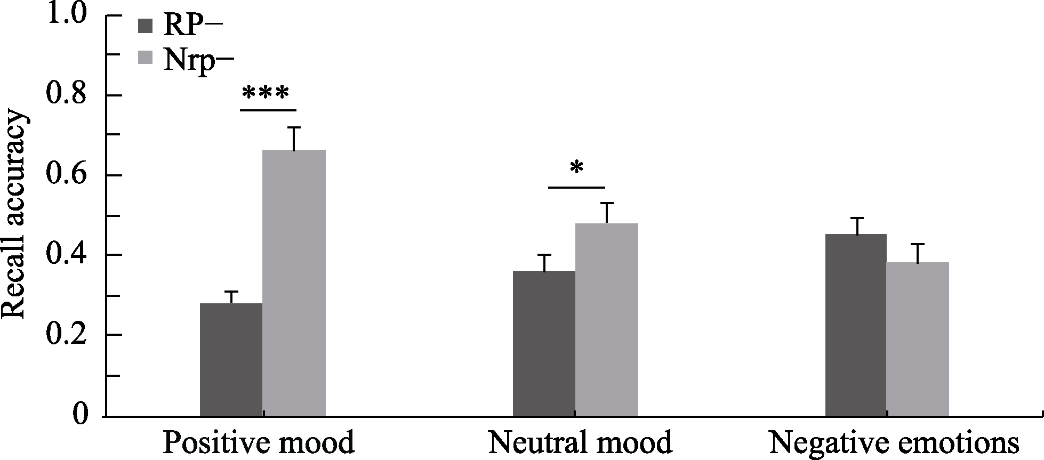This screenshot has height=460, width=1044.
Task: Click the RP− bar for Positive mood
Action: tap(231, 359)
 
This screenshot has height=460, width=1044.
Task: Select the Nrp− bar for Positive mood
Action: tap(294, 283)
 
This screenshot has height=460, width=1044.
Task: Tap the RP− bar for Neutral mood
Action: tap(544, 343)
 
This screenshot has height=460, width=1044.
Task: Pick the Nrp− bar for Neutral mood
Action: tap(607, 319)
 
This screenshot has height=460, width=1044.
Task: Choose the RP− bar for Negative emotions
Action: tap(856, 325)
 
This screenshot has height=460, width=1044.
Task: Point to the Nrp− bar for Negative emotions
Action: tap(918, 339)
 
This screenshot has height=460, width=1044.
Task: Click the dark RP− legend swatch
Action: tap(146, 26)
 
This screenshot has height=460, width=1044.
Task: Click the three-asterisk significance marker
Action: tap(266, 94)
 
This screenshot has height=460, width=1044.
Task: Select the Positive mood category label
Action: tap(259, 443)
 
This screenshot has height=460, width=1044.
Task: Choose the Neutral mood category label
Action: tap(580, 443)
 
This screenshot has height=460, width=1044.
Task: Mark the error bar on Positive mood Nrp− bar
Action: tap(294, 138)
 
